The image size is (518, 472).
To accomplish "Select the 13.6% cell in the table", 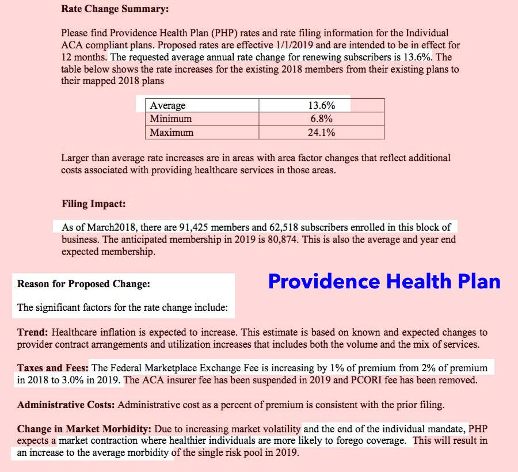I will [x=322, y=105].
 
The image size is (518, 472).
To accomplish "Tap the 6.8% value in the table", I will [x=322, y=119].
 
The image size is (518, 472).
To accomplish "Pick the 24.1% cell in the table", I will [x=322, y=132].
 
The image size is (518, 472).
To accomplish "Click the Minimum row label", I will [x=171, y=119].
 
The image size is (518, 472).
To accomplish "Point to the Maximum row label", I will [x=172, y=132].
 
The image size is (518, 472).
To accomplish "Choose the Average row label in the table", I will [x=167, y=105].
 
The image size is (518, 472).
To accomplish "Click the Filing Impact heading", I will [x=94, y=204].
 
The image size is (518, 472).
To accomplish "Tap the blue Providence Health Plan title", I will [x=384, y=281].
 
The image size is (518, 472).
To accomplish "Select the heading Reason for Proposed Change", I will [x=83, y=284].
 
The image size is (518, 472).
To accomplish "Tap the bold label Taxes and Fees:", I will [x=52, y=367].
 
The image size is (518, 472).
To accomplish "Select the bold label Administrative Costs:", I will [x=66, y=404].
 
